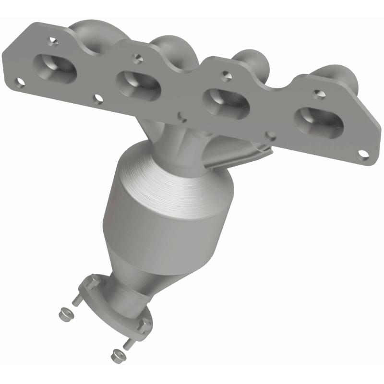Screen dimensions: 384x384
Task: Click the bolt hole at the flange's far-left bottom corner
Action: (x=20, y=83)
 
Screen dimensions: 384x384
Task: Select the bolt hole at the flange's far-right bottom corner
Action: (x=363, y=154)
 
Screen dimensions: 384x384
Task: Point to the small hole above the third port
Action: (x=224, y=75)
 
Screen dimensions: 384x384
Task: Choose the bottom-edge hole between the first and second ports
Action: (x=98, y=99)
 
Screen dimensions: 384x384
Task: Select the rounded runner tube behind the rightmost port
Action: (x=343, y=77)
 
